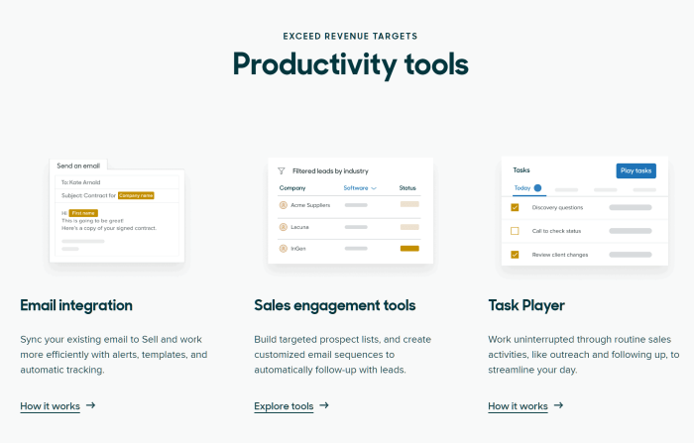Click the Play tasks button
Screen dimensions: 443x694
pyautogui.click(x=636, y=170)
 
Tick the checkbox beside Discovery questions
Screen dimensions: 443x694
pyautogui.click(x=515, y=207)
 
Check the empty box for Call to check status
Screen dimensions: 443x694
pyautogui.click(x=515, y=231)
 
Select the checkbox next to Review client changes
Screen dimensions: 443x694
pyautogui.click(x=515, y=255)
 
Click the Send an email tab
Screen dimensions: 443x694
pyautogui.click(x=78, y=166)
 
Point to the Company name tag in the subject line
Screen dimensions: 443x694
pyautogui.click(x=136, y=195)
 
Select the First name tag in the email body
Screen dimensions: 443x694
pyautogui.click(x=82, y=212)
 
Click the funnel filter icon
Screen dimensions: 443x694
pyautogui.click(x=282, y=170)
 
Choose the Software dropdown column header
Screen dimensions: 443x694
pyautogui.click(x=360, y=187)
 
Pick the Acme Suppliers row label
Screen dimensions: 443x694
pyautogui.click(x=311, y=205)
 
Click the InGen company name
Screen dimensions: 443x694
pyautogui.click(x=299, y=248)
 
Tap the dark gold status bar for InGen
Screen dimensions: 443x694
pyautogui.click(x=409, y=248)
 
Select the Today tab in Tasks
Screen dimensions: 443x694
pyautogui.click(x=522, y=187)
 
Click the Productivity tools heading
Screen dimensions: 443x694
pyautogui.click(x=350, y=64)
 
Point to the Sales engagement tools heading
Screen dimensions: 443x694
pyautogui.click(x=334, y=305)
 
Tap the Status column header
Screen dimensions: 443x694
pyautogui.click(x=408, y=187)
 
